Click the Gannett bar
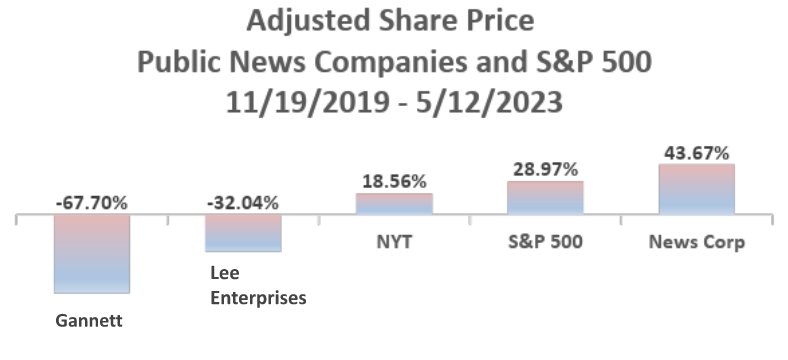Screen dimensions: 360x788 [x=91, y=254]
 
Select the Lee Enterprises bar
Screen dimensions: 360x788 [x=242, y=234]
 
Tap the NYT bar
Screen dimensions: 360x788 [x=394, y=204]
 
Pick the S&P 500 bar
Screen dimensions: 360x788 [x=545, y=198]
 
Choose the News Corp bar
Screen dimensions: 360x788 [x=696, y=190]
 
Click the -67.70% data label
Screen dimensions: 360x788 [x=91, y=203]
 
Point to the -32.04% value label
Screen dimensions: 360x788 [x=242, y=203]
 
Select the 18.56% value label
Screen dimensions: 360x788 [x=394, y=181]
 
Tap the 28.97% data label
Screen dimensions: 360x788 [x=545, y=169]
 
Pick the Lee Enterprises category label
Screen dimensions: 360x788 [x=258, y=285]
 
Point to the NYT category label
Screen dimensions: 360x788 [x=394, y=243]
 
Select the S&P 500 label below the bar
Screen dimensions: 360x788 [x=545, y=243]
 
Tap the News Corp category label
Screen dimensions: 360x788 [x=696, y=243]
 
